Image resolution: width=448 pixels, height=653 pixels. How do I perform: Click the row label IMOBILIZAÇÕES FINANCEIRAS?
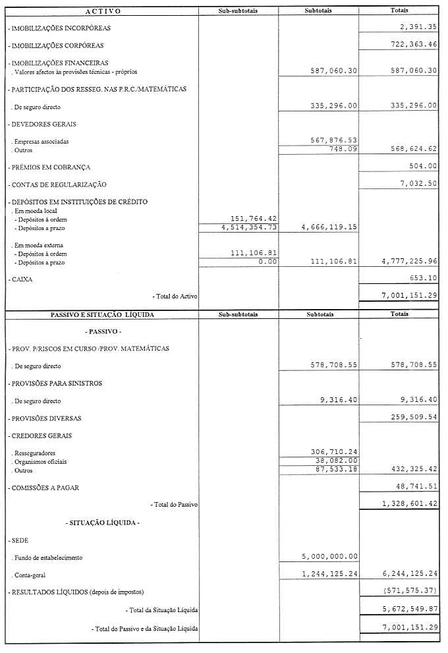(58, 63)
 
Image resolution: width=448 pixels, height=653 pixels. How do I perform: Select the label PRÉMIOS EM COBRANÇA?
(49, 167)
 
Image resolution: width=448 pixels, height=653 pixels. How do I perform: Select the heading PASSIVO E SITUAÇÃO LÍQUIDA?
(102, 315)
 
